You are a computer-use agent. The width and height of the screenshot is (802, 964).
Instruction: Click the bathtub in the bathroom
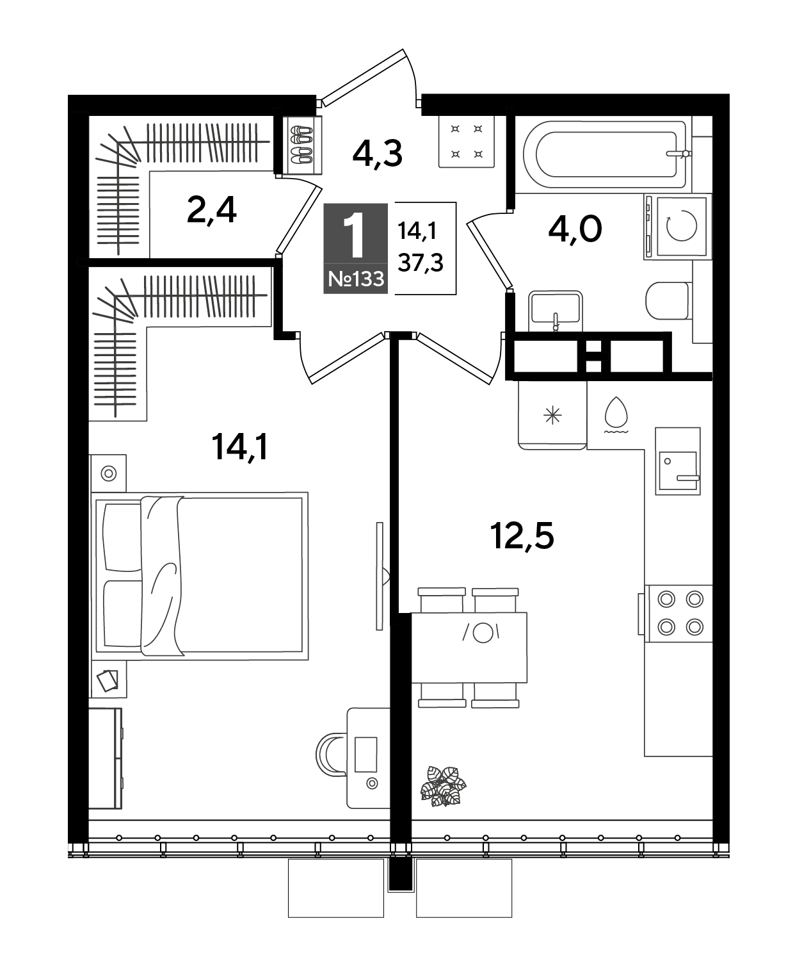606,154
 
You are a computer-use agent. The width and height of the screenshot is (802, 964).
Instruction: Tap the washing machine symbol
677,226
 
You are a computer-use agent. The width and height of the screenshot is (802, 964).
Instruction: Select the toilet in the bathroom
668,301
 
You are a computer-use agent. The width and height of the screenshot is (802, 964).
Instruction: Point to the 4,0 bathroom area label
575,229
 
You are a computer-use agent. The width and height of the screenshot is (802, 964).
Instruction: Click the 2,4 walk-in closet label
211,210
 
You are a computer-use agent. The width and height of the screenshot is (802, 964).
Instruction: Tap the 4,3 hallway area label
377,154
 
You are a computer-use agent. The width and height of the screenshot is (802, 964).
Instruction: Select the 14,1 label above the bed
239,447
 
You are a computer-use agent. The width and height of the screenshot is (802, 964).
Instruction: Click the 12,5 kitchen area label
522,535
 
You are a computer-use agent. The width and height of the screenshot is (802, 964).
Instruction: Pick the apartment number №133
356,279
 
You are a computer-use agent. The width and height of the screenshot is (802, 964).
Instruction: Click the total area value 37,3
421,263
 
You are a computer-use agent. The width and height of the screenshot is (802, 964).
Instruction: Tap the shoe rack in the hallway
301,145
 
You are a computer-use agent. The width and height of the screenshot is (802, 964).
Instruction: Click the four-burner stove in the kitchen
679,613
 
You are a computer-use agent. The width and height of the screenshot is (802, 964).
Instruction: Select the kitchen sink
678,461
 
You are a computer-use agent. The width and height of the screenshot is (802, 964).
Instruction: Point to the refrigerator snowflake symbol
552,416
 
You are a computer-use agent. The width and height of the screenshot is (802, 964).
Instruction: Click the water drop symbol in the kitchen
616,414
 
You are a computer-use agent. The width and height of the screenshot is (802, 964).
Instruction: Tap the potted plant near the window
443,785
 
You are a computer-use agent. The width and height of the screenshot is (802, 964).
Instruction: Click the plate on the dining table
482,633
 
